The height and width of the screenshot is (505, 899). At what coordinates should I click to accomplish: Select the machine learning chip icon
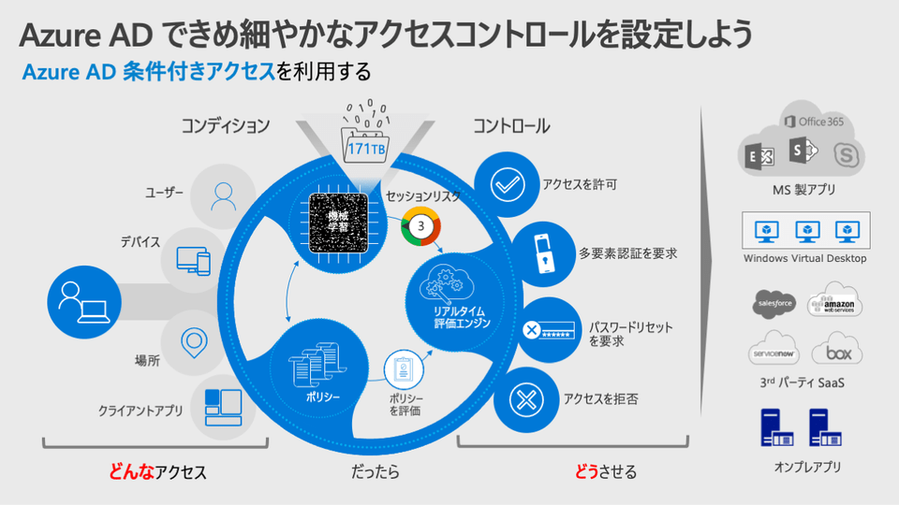click(x=337, y=223)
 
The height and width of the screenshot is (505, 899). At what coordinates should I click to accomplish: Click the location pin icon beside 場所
click(x=194, y=341)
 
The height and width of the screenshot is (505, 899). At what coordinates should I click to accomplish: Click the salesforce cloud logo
click(x=775, y=304)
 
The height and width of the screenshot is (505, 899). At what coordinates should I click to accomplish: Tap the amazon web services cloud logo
click(x=834, y=302)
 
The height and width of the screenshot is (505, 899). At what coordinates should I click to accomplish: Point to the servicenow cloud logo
click(x=774, y=353)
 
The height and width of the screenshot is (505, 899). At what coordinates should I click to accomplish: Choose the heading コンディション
click(x=226, y=125)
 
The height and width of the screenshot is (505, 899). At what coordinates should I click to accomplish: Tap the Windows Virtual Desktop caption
click(x=805, y=258)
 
